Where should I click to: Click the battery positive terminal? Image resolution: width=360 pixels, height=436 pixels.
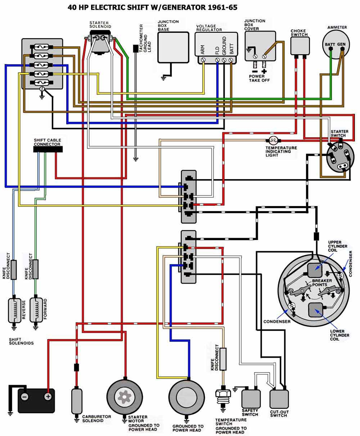point(48,397)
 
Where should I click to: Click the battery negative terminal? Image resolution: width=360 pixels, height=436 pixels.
point(24,397)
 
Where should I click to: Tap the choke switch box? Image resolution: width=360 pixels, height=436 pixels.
point(300,46)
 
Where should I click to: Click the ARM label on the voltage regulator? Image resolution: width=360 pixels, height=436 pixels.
point(203,49)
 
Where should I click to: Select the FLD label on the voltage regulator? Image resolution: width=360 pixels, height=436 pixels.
point(217,49)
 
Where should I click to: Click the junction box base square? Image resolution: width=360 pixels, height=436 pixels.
point(173,47)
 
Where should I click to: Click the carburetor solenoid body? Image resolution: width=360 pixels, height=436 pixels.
point(76,400)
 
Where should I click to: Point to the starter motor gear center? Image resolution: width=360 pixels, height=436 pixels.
point(125,397)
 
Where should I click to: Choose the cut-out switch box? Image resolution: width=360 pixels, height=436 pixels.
point(279,399)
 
